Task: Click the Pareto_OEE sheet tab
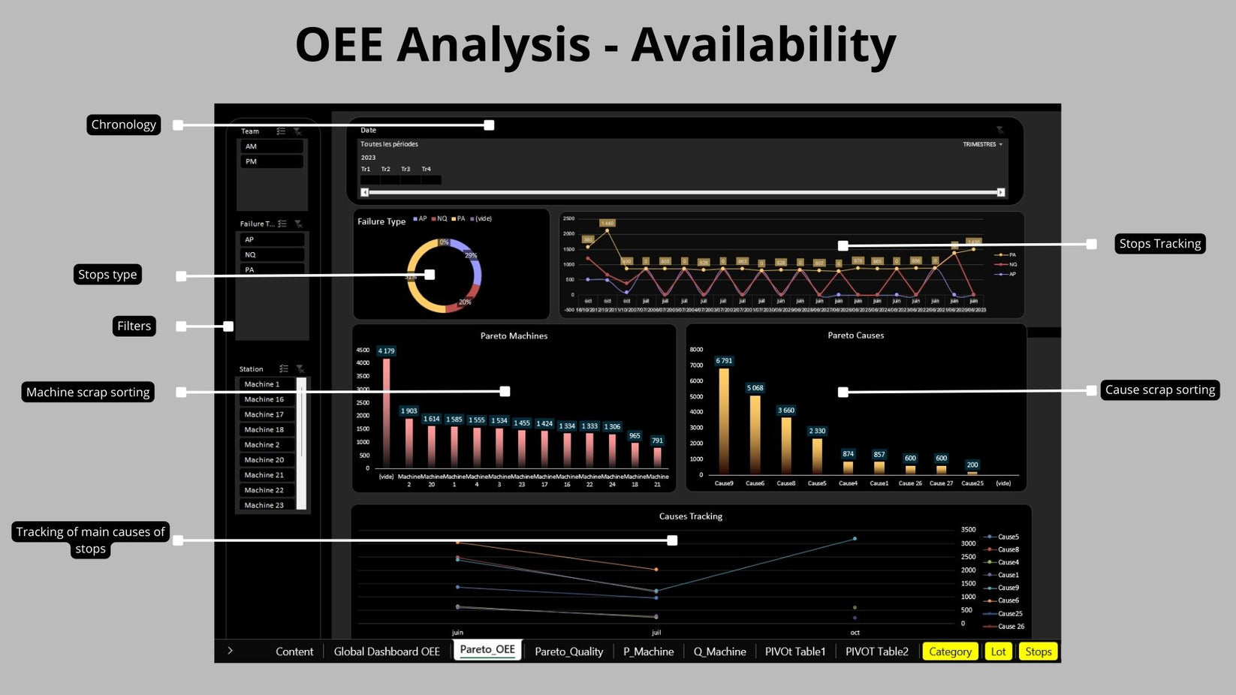pos(487,650)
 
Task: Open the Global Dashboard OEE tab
pos(386,651)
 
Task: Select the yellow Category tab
pos(950,651)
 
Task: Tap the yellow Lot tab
pos(998,651)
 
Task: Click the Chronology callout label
pos(124,125)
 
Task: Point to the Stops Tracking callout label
pos(1159,244)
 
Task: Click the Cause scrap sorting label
pos(1159,390)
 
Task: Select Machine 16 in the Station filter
pos(264,399)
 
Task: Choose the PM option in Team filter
pos(270,161)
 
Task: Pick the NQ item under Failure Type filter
pos(270,254)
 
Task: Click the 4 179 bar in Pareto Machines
pos(387,413)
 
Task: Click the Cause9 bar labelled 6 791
pos(724,420)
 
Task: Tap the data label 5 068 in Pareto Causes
pos(755,388)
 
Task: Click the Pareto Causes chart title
pos(855,335)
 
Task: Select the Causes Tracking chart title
pos(690,516)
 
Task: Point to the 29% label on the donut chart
pos(471,256)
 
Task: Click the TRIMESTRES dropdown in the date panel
pos(982,144)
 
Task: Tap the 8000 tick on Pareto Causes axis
pos(696,350)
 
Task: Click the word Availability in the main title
pos(763,45)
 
